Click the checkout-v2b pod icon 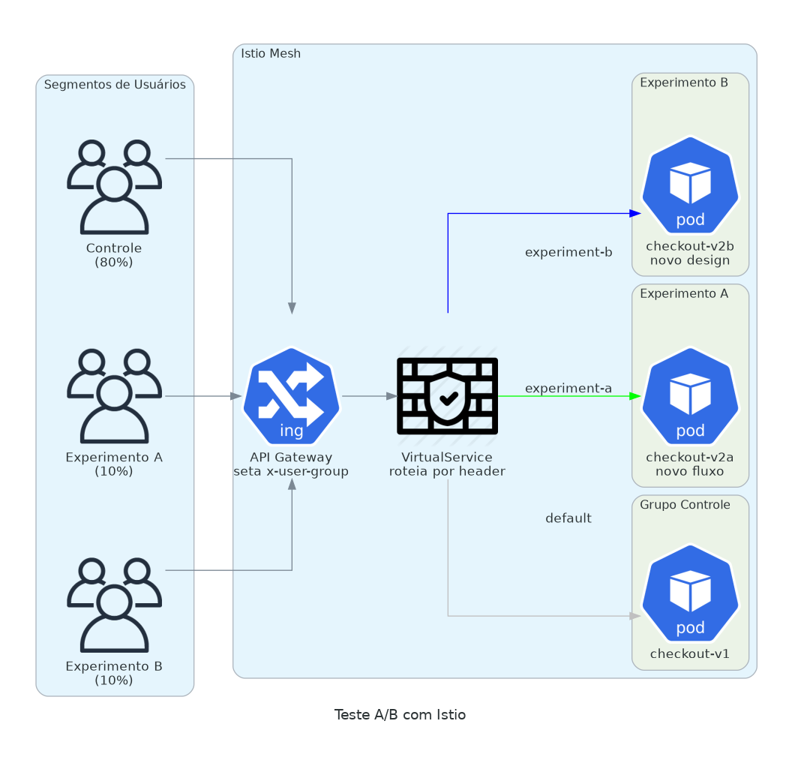pyautogui.click(x=690, y=185)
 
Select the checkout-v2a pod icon pyautogui.click(x=690, y=396)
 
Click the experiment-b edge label pyautogui.click(x=568, y=252)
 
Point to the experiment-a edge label pyautogui.click(x=568, y=388)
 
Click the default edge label pyautogui.click(x=568, y=518)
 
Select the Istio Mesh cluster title pyautogui.click(x=271, y=53)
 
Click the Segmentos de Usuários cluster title pyautogui.click(x=115, y=84)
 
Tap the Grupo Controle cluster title pyautogui.click(x=685, y=504)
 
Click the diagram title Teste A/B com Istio pyautogui.click(x=400, y=714)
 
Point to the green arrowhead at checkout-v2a pyautogui.click(x=636, y=395)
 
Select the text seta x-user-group pyautogui.click(x=291, y=471)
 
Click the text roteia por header pyautogui.click(x=447, y=471)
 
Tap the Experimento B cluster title pyautogui.click(x=684, y=82)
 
